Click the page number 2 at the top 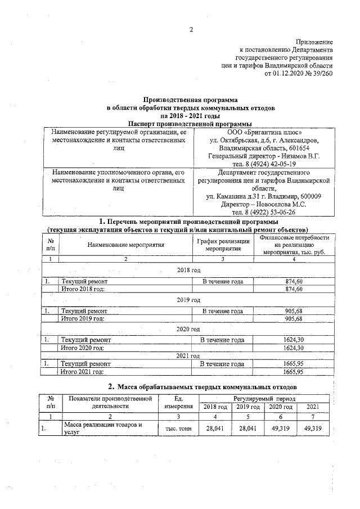pos(191,30)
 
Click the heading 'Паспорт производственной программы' pos(190,124)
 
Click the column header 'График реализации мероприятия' pos(222,245)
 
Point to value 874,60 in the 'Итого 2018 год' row pos(294,289)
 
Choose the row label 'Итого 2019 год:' pos(83,318)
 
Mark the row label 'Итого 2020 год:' pos(83,348)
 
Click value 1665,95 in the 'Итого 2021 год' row pos(294,372)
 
